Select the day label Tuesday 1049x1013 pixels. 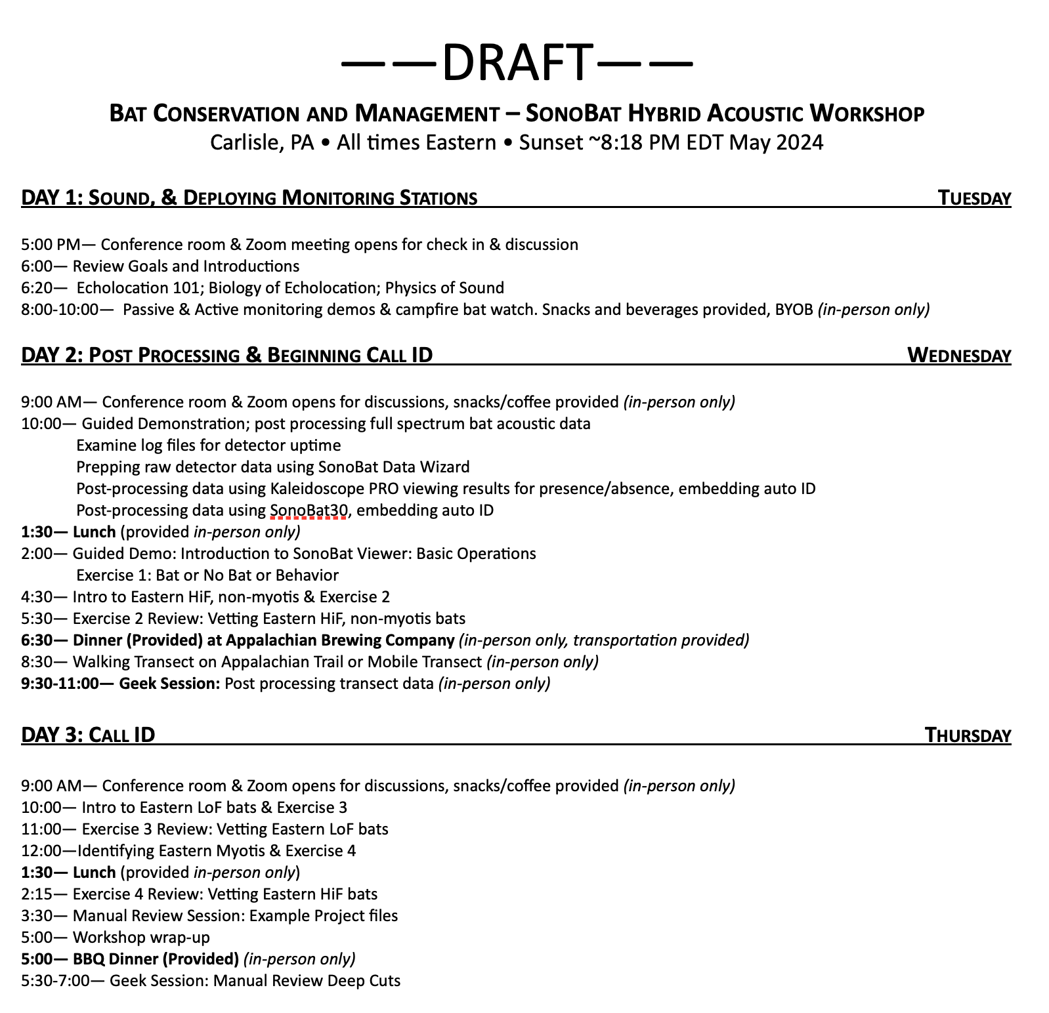974,197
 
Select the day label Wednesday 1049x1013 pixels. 959,355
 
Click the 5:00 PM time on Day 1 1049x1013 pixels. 51,245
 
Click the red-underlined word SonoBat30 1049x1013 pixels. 308,510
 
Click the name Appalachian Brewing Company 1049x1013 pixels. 340,640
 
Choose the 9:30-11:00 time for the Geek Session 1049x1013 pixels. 60,684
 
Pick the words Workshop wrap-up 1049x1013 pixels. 141,938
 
